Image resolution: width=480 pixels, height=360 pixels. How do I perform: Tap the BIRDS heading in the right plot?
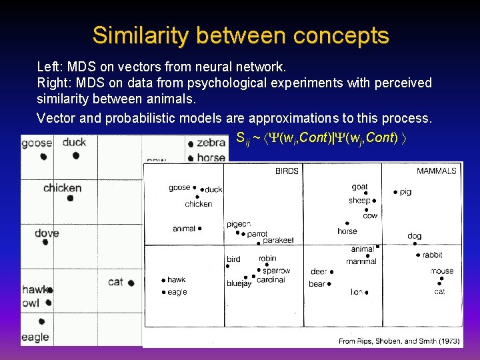tap(287, 171)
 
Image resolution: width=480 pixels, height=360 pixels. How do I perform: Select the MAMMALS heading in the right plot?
tap(437, 171)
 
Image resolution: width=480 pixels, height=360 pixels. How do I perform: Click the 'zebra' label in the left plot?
tap(211, 143)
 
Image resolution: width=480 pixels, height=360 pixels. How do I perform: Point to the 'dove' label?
tap(47, 233)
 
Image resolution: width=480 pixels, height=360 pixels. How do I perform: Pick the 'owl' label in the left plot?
tap(31, 303)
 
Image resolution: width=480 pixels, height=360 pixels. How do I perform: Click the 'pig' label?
tap(405, 192)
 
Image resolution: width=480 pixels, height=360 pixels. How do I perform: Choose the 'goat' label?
tap(359, 187)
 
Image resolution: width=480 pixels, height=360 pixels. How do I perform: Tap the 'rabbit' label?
tap(432, 255)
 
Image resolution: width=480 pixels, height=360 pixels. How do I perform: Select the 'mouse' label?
tap(441, 271)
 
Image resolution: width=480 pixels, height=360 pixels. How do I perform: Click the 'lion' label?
tap(356, 292)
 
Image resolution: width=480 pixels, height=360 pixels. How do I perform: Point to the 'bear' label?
tap(317, 284)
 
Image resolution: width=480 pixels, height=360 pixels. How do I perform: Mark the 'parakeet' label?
tap(277, 241)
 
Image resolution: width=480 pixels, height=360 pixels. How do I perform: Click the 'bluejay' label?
tap(239, 284)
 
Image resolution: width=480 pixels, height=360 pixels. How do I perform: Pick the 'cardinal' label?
tap(271, 280)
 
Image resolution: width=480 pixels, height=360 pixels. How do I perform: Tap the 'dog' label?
tap(414, 236)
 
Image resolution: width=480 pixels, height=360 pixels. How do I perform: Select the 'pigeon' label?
tap(239, 224)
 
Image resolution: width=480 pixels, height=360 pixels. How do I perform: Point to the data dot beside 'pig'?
tap(395, 192)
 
